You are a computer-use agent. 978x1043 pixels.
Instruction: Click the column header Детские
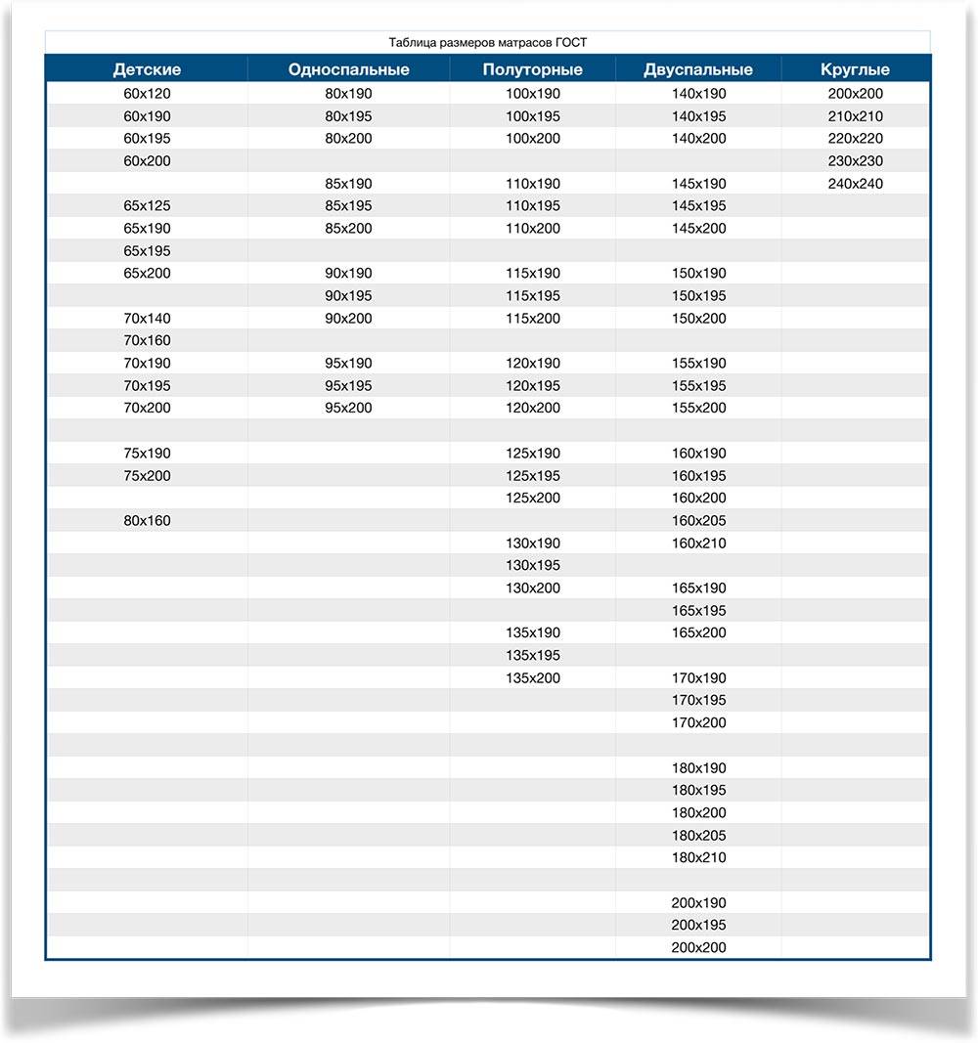[147, 69]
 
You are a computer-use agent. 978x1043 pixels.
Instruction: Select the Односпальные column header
[348, 69]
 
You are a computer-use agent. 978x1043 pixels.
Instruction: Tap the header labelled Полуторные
[532, 69]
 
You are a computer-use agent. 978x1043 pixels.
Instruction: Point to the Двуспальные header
[698, 69]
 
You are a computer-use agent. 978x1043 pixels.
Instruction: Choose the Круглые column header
[855, 69]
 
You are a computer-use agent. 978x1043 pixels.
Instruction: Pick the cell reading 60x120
[147, 94]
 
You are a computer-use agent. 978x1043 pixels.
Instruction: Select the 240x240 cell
[855, 184]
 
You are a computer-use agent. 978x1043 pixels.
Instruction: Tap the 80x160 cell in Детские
[147, 521]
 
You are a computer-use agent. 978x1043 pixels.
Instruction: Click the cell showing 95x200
[348, 408]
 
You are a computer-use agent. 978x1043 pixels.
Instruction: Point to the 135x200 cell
[533, 677]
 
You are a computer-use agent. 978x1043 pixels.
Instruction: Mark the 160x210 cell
[699, 543]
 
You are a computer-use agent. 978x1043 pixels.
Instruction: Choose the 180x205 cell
[699, 836]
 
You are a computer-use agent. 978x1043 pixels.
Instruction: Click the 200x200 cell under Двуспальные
[699, 947]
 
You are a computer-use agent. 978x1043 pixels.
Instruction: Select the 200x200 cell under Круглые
[855, 94]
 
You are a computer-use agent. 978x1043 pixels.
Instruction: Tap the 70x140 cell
[147, 319]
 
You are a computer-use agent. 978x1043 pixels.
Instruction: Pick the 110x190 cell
[533, 184]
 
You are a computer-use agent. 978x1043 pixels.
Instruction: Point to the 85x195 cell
[348, 206]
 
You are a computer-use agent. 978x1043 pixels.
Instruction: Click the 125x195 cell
[533, 476]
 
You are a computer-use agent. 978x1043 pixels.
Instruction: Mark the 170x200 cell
[699, 722]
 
